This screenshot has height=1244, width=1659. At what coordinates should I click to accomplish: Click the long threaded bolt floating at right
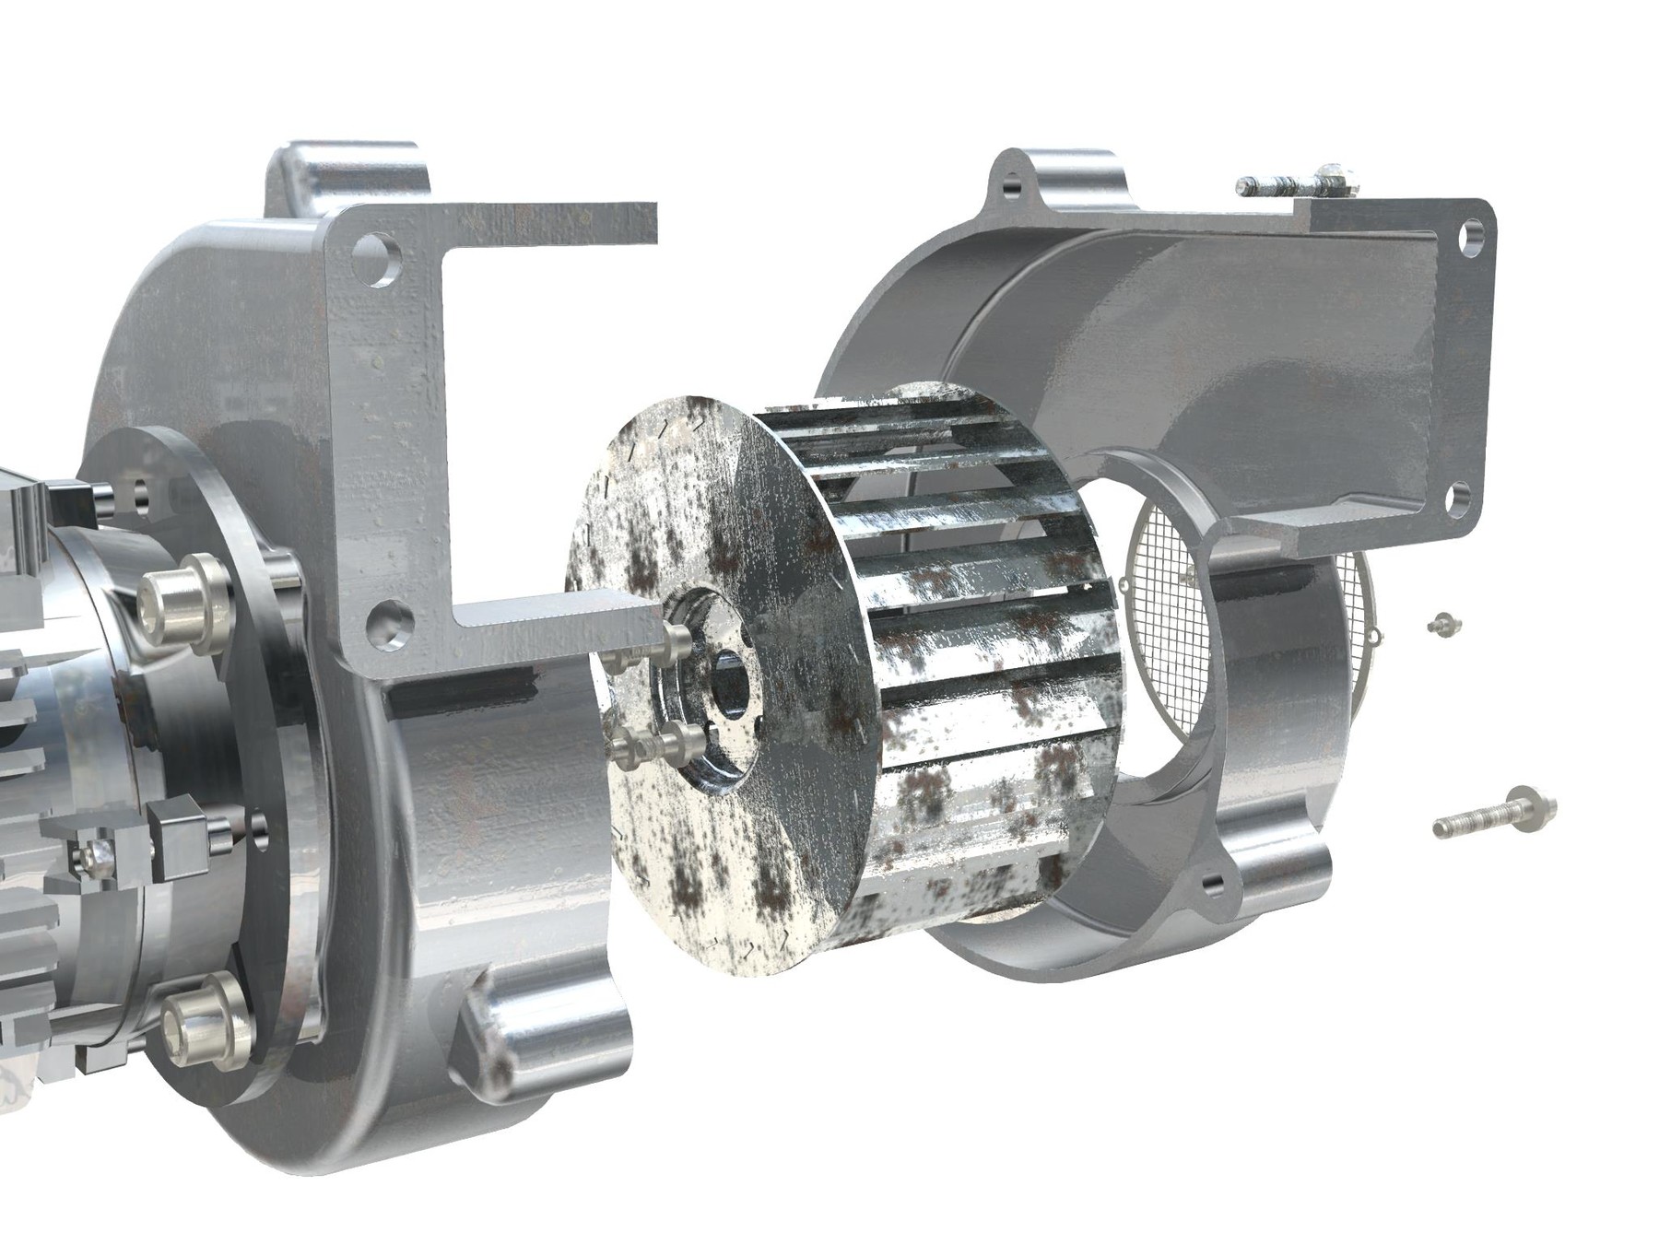click(1493, 816)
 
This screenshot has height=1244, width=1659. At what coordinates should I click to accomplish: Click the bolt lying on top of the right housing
click(1295, 182)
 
